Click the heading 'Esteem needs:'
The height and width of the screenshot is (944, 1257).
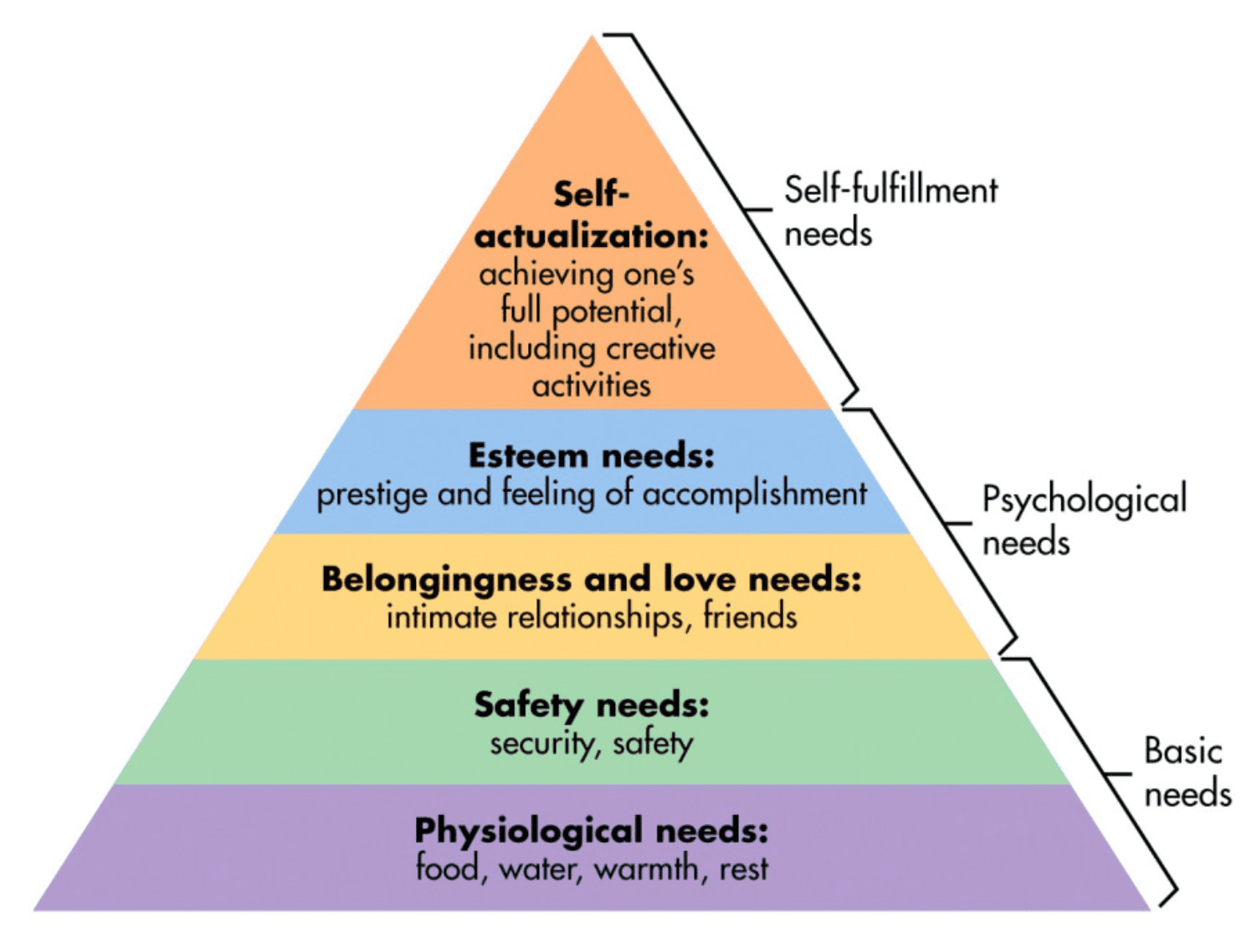click(x=591, y=456)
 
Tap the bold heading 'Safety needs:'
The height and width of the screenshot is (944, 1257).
click(x=591, y=705)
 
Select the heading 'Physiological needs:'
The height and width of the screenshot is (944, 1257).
click(x=591, y=830)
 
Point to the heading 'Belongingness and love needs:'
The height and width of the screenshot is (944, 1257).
click(x=591, y=579)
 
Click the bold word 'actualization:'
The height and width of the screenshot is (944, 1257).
click(x=591, y=236)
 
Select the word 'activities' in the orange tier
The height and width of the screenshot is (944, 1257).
click(x=591, y=386)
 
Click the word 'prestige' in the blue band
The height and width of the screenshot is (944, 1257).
click(x=372, y=495)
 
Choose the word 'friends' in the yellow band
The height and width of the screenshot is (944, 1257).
click(x=750, y=617)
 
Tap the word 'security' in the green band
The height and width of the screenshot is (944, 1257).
click(x=541, y=743)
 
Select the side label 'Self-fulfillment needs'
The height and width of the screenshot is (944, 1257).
click(x=890, y=211)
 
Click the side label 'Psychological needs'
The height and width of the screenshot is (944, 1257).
click(x=1084, y=520)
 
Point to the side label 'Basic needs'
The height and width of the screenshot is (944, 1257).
click(x=1187, y=772)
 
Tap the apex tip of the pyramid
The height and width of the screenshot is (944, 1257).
click(x=593, y=37)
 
